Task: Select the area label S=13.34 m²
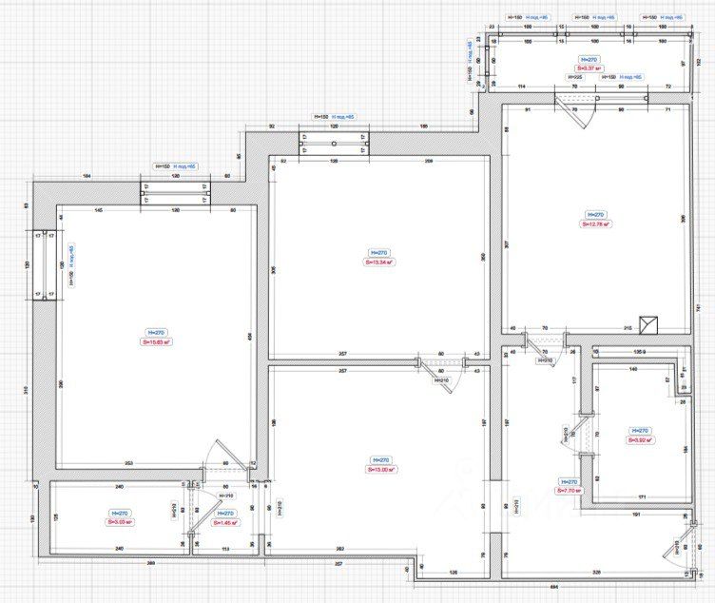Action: click(380, 262)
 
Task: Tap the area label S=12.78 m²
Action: click(596, 224)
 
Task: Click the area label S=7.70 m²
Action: click(570, 492)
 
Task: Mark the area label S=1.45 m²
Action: click(225, 522)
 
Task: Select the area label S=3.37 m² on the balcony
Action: click(587, 68)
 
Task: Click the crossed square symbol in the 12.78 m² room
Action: click(649, 324)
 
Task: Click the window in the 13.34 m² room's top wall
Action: click(333, 144)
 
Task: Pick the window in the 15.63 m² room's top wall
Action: click(175, 193)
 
